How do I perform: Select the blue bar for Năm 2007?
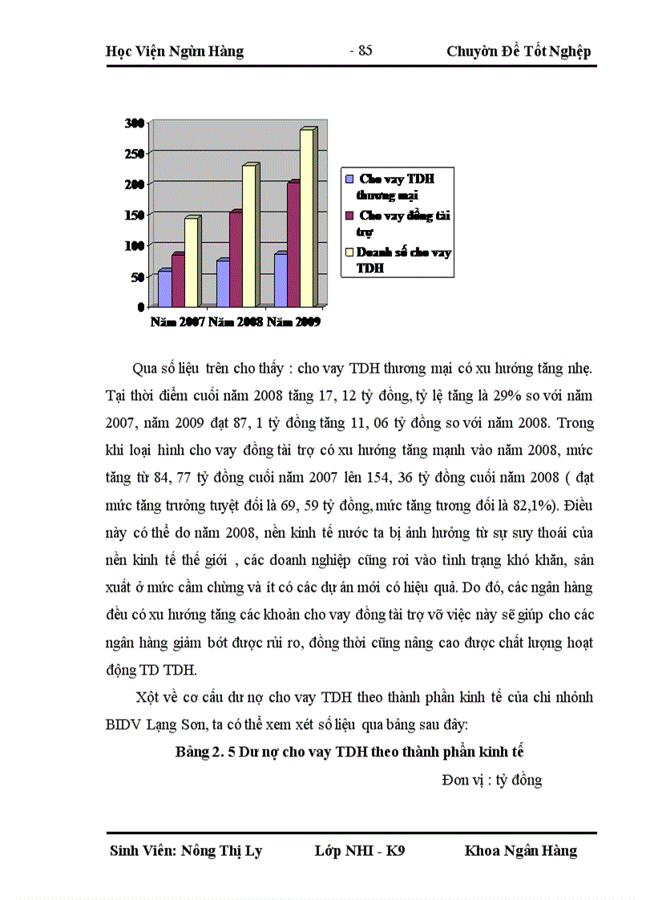click(x=164, y=289)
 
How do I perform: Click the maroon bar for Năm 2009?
click(x=293, y=244)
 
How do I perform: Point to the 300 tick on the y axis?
click(x=134, y=123)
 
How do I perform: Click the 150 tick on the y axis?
click(x=134, y=215)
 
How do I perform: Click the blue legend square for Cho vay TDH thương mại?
click(x=349, y=179)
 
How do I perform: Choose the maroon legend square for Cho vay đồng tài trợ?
click(x=349, y=216)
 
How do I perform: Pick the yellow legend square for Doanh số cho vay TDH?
click(x=349, y=252)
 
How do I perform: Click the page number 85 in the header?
click(x=361, y=50)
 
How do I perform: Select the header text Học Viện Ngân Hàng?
click(x=175, y=52)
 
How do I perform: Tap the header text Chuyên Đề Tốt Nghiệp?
click(x=519, y=52)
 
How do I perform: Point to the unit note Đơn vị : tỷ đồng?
click(x=491, y=779)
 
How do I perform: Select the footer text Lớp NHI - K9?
click(x=360, y=850)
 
